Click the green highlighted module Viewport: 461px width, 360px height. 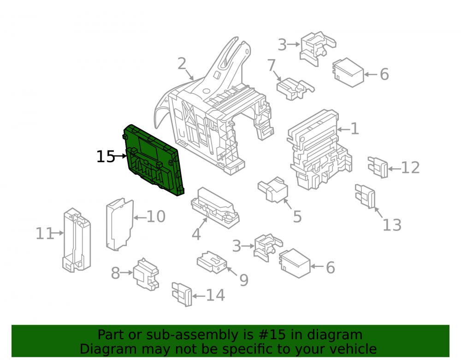click(x=153, y=160)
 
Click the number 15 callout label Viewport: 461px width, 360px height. click(x=106, y=157)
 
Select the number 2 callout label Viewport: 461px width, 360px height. click(x=182, y=64)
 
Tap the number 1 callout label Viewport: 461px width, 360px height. click(x=355, y=129)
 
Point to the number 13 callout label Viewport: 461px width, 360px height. click(x=392, y=225)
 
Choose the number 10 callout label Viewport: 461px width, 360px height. click(x=156, y=217)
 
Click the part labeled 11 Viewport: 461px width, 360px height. click(x=77, y=240)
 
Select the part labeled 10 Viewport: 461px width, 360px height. click(x=119, y=224)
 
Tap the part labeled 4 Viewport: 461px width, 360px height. click(x=215, y=208)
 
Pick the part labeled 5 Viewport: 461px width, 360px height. click(x=273, y=190)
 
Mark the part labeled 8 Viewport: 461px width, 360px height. click(x=146, y=274)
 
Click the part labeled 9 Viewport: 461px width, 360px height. click(x=212, y=262)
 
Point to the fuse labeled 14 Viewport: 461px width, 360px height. click(x=182, y=294)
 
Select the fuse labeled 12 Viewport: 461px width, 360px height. click(x=378, y=167)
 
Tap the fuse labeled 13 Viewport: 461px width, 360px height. click(x=365, y=196)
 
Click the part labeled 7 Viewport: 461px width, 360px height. click(x=295, y=89)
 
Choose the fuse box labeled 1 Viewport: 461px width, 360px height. click(x=319, y=149)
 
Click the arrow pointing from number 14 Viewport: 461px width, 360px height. click(x=199, y=296)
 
